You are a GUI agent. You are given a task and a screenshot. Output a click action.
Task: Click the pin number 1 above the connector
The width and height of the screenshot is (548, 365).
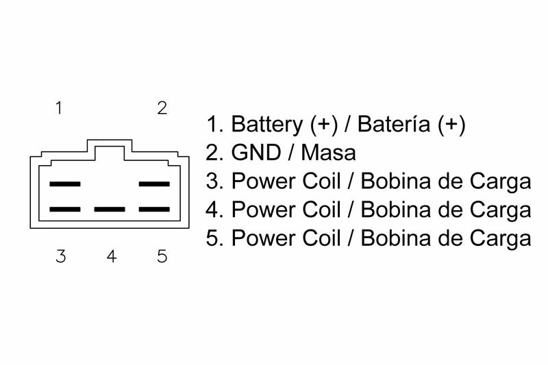tap(60, 108)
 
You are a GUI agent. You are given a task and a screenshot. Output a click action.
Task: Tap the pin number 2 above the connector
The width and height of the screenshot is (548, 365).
tap(162, 108)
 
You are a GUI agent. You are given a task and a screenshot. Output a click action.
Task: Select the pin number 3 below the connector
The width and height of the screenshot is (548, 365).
tap(61, 257)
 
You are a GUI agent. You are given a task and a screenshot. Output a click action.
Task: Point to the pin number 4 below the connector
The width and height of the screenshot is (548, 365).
tap(112, 257)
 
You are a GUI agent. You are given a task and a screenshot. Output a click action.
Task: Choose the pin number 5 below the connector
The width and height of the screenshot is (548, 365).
tap(162, 257)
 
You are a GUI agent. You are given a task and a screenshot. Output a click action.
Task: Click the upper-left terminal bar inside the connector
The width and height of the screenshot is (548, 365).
tap(65, 184)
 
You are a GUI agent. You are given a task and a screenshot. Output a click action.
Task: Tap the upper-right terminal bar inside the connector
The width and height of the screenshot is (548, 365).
tap(154, 184)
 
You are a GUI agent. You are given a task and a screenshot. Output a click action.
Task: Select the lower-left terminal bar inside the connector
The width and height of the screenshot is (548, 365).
tap(65, 209)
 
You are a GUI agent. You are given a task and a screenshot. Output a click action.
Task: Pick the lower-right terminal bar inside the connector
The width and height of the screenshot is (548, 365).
tap(154, 209)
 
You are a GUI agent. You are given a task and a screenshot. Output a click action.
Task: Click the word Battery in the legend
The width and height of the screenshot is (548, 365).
tap(267, 125)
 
